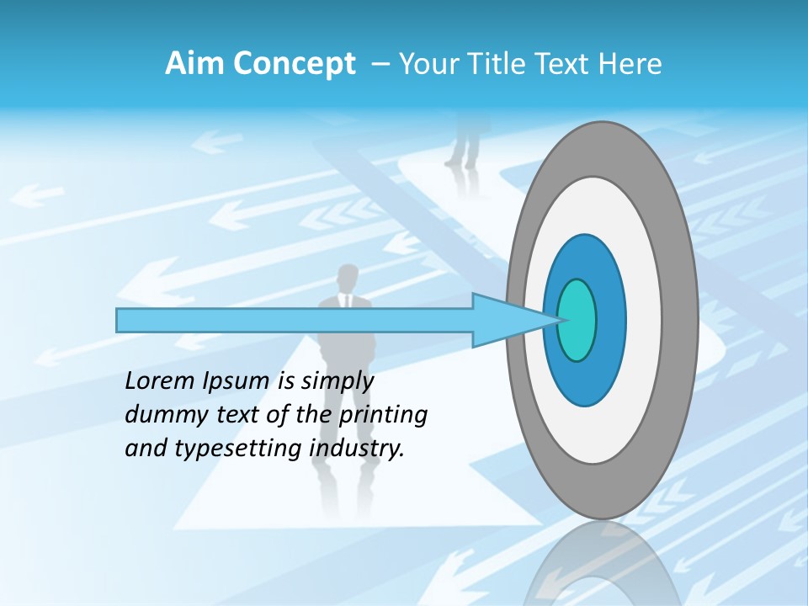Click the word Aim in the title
(x=194, y=64)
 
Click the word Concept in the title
(x=293, y=64)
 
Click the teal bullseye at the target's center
(x=577, y=320)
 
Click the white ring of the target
(x=640, y=320)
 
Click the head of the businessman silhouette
(x=347, y=279)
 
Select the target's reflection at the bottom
(x=602, y=568)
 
